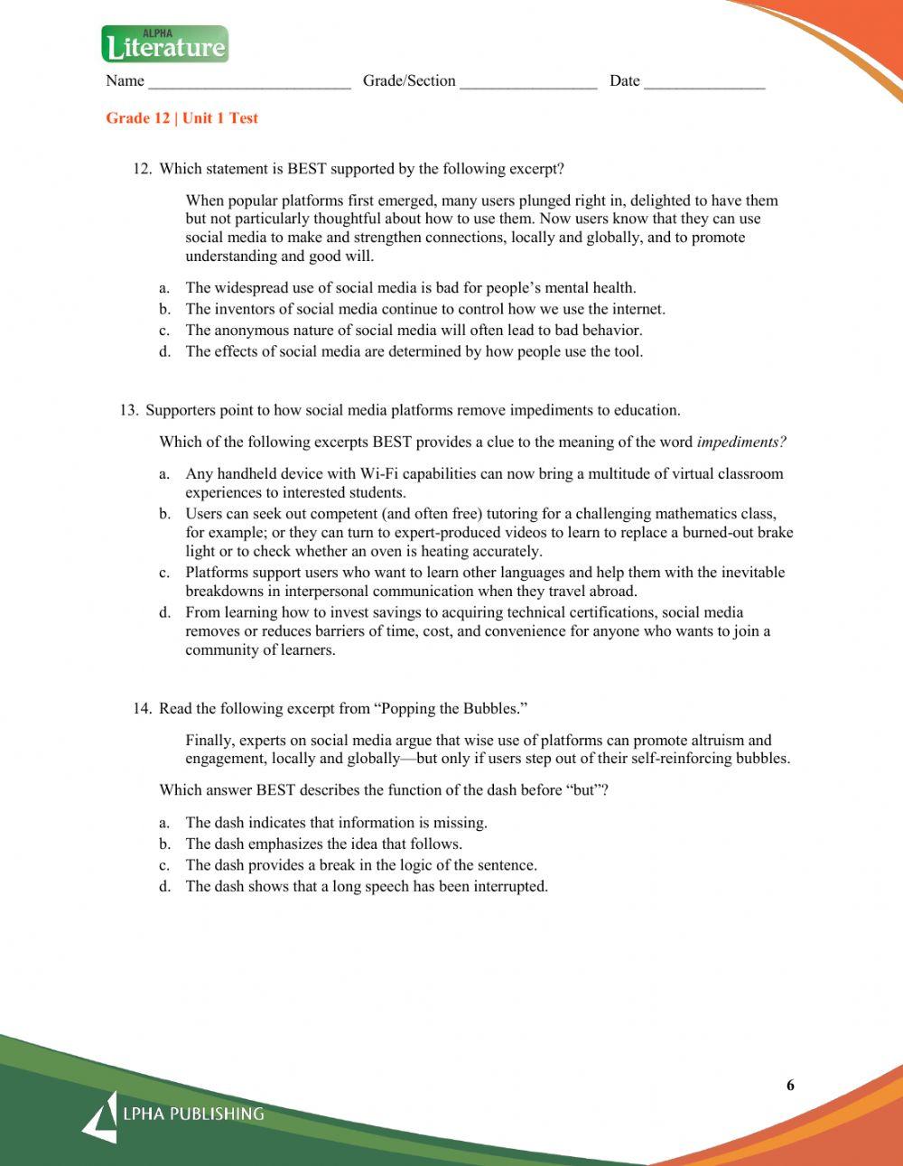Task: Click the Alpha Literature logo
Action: tap(165, 44)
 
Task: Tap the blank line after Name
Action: tap(249, 83)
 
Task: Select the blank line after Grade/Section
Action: tap(528, 83)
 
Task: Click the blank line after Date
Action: tap(704, 83)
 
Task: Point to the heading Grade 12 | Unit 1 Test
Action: tap(182, 118)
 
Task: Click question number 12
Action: tap(142, 169)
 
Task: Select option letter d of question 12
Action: tap(164, 351)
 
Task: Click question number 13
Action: tap(129, 410)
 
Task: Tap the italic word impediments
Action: tap(741, 442)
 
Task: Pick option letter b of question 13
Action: tap(164, 514)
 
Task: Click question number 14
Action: tap(142, 708)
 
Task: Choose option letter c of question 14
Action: tap(164, 865)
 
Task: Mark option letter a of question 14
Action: tap(164, 823)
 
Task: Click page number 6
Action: tap(790, 1086)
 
